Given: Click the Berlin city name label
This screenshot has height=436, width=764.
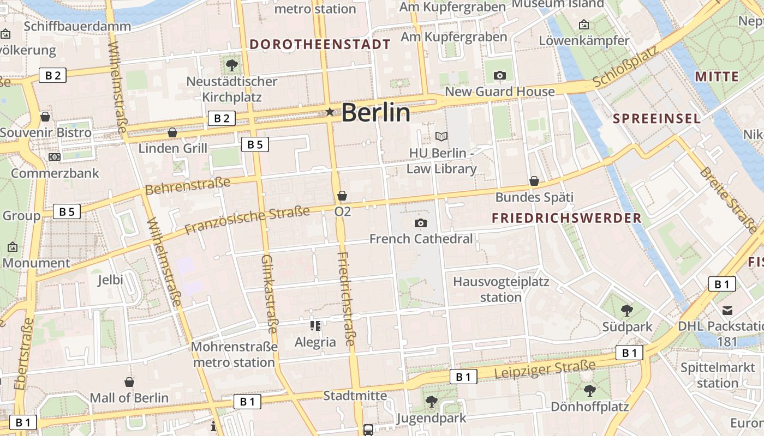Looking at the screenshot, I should pyautogui.click(x=375, y=113).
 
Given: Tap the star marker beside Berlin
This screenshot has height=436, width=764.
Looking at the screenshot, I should pyautogui.click(x=330, y=112).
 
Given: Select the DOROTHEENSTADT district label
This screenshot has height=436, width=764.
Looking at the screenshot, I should pyautogui.click(x=320, y=45).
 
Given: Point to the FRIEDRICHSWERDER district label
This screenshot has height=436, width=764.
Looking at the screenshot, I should pyautogui.click(x=566, y=219).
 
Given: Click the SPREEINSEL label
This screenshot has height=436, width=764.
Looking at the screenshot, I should pyautogui.click(x=656, y=119).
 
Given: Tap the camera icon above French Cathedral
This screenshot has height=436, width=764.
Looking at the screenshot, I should pyautogui.click(x=420, y=223).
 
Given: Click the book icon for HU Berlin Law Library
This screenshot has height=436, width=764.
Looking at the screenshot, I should pyautogui.click(x=441, y=136).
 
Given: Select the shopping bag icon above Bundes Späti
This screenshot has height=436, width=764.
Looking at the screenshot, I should pyautogui.click(x=534, y=181).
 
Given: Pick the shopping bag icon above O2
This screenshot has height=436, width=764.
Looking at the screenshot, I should pyautogui.click(x=342, y=195).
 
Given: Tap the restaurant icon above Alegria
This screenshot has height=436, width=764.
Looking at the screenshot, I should pyautogui.click(x=315, y=326).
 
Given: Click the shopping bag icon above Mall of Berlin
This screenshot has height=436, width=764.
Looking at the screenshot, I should pyautogui.click(x=129, y=382).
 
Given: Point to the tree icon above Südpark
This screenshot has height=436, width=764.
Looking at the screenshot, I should pyautogui.click(x=626, y=311).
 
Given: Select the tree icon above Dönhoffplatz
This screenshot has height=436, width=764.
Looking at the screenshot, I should pyautogui.click(x=589, y=390).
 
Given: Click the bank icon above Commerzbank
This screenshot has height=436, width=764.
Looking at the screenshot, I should pyautogui.click(x=54, y=157).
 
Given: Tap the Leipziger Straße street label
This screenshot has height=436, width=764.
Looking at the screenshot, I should pyautogui.click(x=545, y=370).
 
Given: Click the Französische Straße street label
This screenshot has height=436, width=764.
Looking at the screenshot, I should pyautogui.click(x=247, y=220).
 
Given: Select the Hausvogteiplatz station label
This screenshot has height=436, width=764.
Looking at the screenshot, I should pyautogui.click(x=501, y=289).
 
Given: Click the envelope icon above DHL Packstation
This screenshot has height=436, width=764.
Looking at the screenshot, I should pyautogui.click(x=727, y=311).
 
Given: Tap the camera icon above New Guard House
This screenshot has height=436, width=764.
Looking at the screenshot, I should pyautogui.click(x=499, y=76).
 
